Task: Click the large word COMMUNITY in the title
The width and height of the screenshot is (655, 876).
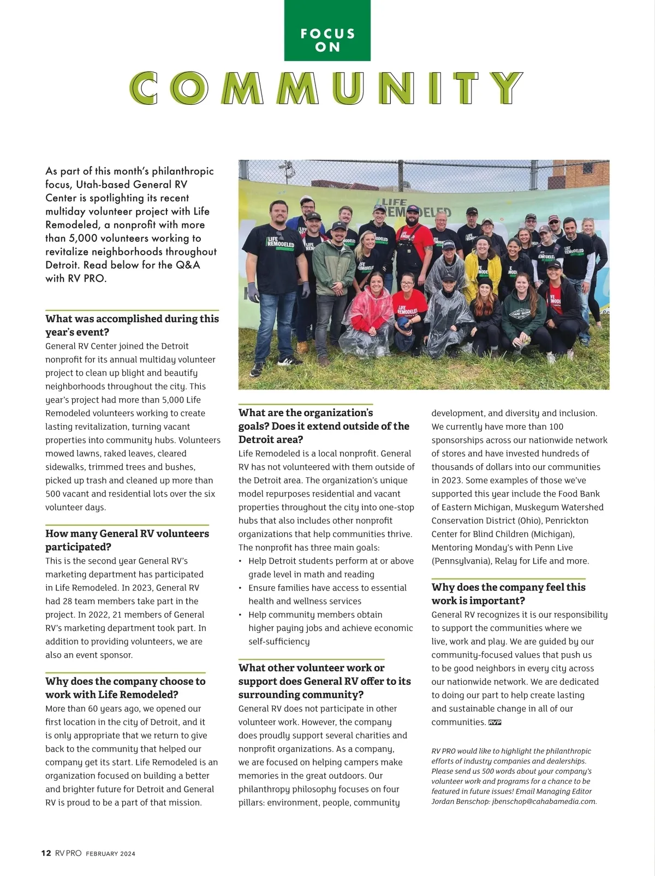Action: pos(326,87)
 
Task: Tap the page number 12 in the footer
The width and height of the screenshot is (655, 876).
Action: pos(46,853)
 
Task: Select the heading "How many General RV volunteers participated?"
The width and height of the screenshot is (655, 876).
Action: pos(127,540)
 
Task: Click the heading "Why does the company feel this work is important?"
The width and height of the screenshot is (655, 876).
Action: pos(508,594)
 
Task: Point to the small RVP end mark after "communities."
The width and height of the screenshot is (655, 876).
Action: pos(495,723)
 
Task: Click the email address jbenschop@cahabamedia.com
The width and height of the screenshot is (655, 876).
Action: pos(544,802)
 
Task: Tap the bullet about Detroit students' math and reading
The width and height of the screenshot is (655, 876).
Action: pos(330,567)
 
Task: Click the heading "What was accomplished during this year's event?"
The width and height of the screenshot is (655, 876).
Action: pos(132,325)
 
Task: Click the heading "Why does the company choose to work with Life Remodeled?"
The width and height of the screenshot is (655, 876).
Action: pos(125,688)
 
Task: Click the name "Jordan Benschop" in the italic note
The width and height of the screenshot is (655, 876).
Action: pos(460,802)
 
